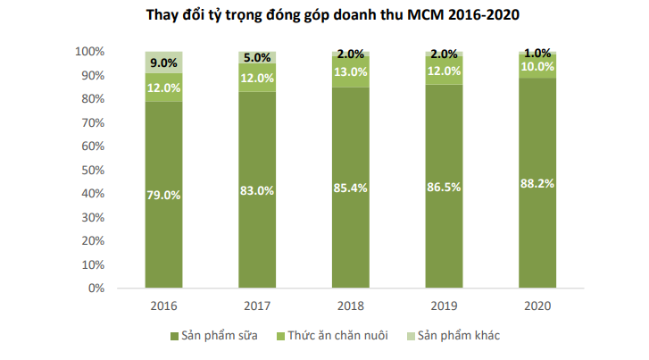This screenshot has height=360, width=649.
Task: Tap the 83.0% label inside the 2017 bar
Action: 256,190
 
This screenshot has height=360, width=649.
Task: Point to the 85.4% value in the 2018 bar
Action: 350,188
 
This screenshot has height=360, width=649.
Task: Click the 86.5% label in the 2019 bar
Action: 443,187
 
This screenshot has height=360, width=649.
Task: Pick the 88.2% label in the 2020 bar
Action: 537,183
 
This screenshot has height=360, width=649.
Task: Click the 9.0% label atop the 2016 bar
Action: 163,63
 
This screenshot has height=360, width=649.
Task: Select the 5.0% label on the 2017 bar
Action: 256,58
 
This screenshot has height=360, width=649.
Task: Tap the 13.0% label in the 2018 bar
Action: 350,71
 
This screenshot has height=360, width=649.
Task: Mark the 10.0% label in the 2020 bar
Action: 537,68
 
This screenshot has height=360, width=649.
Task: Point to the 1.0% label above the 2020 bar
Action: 537,53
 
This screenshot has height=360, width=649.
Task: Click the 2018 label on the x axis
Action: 350,306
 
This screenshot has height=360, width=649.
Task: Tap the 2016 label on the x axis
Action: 163,306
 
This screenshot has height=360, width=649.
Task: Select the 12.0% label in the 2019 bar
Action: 443,71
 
